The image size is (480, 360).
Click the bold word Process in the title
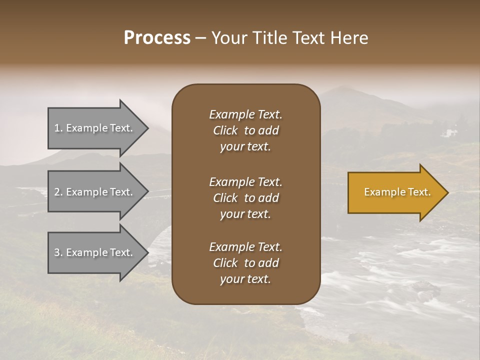(x=157, y=38)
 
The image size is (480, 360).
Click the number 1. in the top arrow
(x=58, y=128)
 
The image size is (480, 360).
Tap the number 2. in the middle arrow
(x=58, y=192)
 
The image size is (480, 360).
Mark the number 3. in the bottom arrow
(x=58, y=252)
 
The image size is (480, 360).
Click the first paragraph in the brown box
(x=245, y=130)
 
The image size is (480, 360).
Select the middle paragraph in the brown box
(x=245, y=198)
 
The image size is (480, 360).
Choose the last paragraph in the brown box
(x=245, y=263)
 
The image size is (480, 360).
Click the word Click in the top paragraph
(x=225, y=130)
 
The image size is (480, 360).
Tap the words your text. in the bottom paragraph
(x=245, y=279)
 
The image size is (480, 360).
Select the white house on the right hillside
(x=448, y=133)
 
